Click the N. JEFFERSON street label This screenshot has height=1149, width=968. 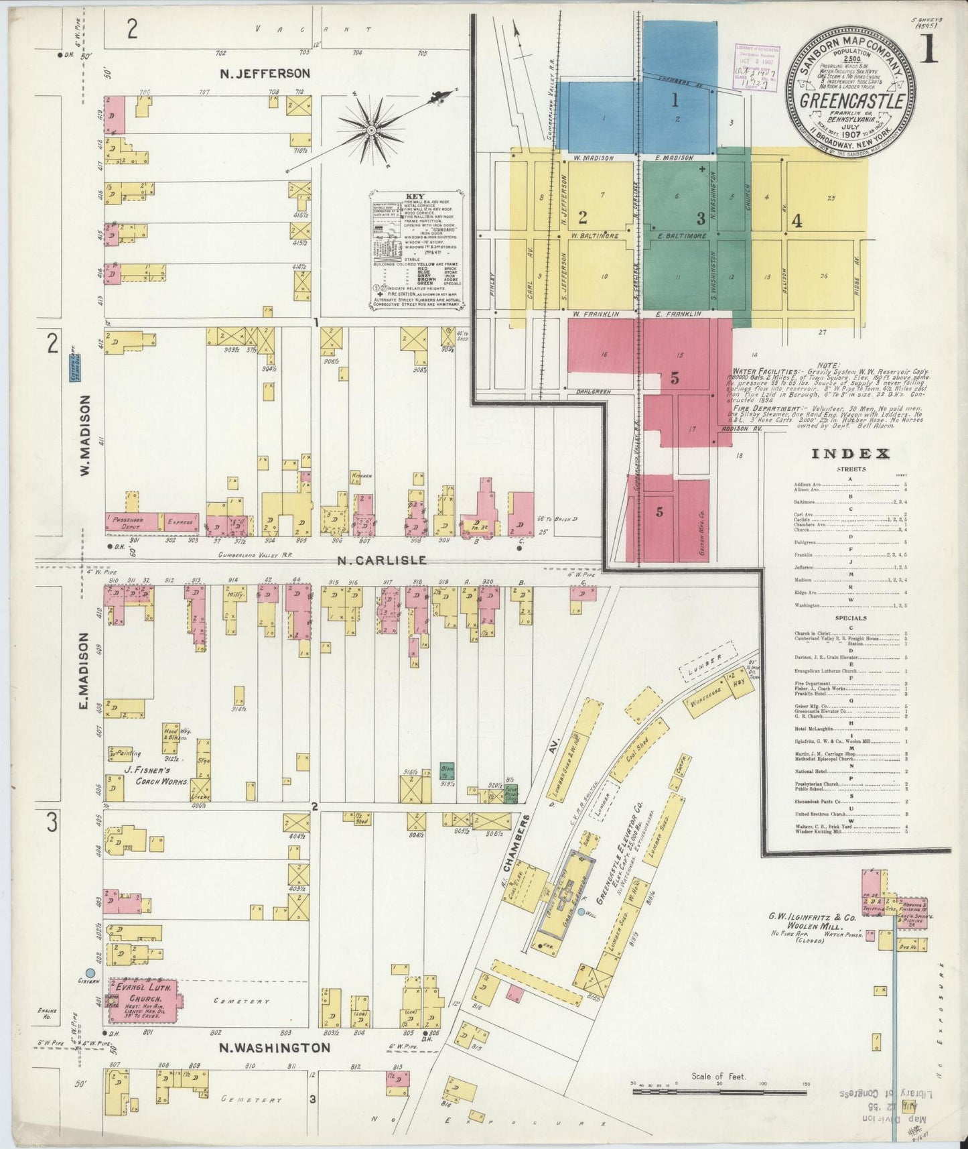[265, 73]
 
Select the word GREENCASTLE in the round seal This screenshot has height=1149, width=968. [854, 103]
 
